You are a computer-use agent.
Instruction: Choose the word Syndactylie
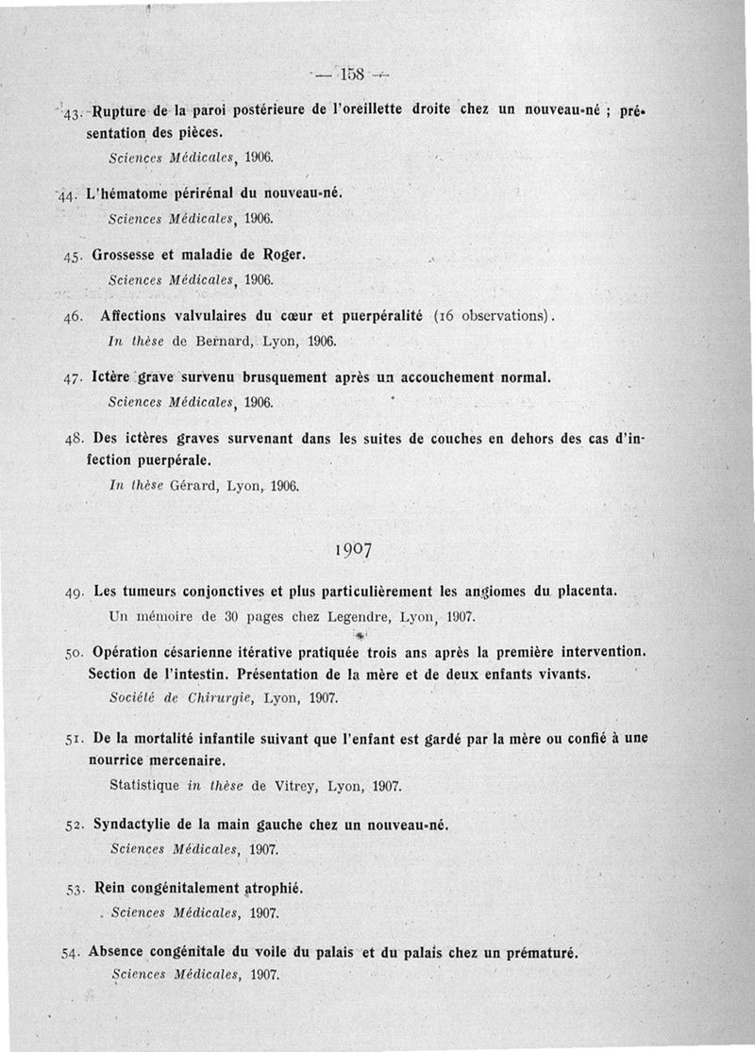pyautogui.click(x=136, y=825)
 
